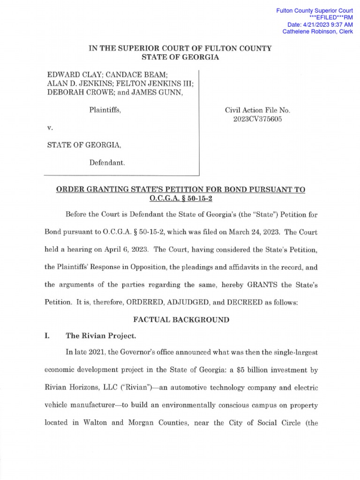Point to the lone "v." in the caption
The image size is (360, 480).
(50, 128)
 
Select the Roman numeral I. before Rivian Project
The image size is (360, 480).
(47, 336)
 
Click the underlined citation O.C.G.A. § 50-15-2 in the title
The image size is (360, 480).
(180, 199)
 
